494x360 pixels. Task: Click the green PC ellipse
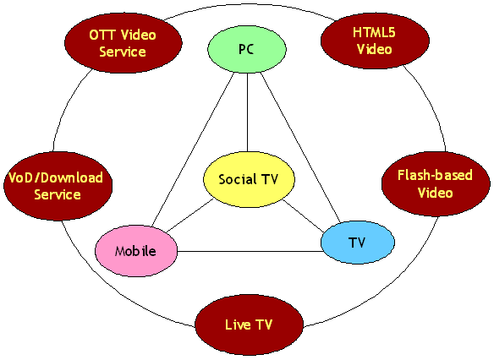coord(247,49)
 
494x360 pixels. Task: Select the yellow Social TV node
coord(249,179)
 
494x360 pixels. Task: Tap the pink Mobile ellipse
coord(136,251)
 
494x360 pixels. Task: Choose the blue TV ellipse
coord(358,243)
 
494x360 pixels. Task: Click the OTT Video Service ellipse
coord(124,43)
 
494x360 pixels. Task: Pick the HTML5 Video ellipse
coord(375,41)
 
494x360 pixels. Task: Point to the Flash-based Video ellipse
coord(436,183)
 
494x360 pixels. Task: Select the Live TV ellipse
coord(249,325)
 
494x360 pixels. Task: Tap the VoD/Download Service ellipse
coord(58,186)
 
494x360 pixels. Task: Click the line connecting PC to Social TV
coord(247,112)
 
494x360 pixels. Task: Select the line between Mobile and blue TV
coord(250,252)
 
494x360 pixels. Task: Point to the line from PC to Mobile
coord(193,150)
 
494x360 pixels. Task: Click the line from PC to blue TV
coord(300,147)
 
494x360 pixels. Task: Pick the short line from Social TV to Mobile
coord(190,215)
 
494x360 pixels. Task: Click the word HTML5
coord(374,32)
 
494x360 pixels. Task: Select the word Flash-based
coord(435,175)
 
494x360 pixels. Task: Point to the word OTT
coord(101,35)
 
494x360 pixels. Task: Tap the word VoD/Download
coord(56,177)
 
